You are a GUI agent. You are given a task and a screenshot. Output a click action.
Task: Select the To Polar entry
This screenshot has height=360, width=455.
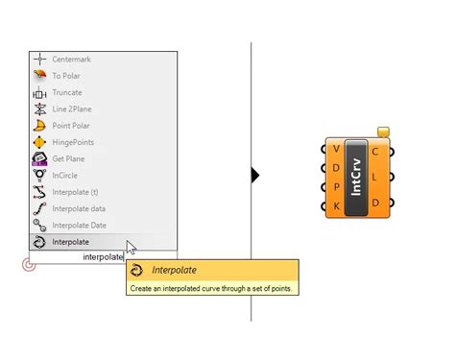(x=65, y=76)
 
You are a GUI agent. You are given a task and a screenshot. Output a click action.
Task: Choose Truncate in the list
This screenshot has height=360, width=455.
(x=66, y=93)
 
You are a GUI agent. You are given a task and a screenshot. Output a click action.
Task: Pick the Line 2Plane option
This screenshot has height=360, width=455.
(x=72, y=109)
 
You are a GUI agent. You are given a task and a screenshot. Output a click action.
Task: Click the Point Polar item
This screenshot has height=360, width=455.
(x=72, y=126)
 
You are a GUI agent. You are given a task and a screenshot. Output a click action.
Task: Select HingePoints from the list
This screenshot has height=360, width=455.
(x=72, y=142)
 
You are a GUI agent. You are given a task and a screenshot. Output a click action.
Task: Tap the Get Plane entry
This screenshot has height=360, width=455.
(x=69, y=158)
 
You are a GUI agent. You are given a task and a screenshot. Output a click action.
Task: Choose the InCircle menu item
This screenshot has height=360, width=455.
(x=65, y=175)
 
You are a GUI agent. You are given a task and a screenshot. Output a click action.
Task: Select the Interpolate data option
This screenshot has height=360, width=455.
(x=79, y=208)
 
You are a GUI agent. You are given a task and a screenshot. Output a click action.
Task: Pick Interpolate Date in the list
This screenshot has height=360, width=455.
(x=79, y=225)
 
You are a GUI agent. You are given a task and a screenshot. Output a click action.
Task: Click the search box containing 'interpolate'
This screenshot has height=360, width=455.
(x=103, y=257)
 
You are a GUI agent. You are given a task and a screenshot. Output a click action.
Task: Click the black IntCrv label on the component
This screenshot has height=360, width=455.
(x=356, y=176)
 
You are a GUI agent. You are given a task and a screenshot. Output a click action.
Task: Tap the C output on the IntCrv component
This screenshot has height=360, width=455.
(x=374, y=151)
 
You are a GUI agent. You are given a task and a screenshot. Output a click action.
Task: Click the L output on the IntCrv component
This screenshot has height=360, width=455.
(x=374, y=177)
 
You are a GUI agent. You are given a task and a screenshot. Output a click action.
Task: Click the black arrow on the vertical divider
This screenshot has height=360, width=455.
(x=255, y=176)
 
